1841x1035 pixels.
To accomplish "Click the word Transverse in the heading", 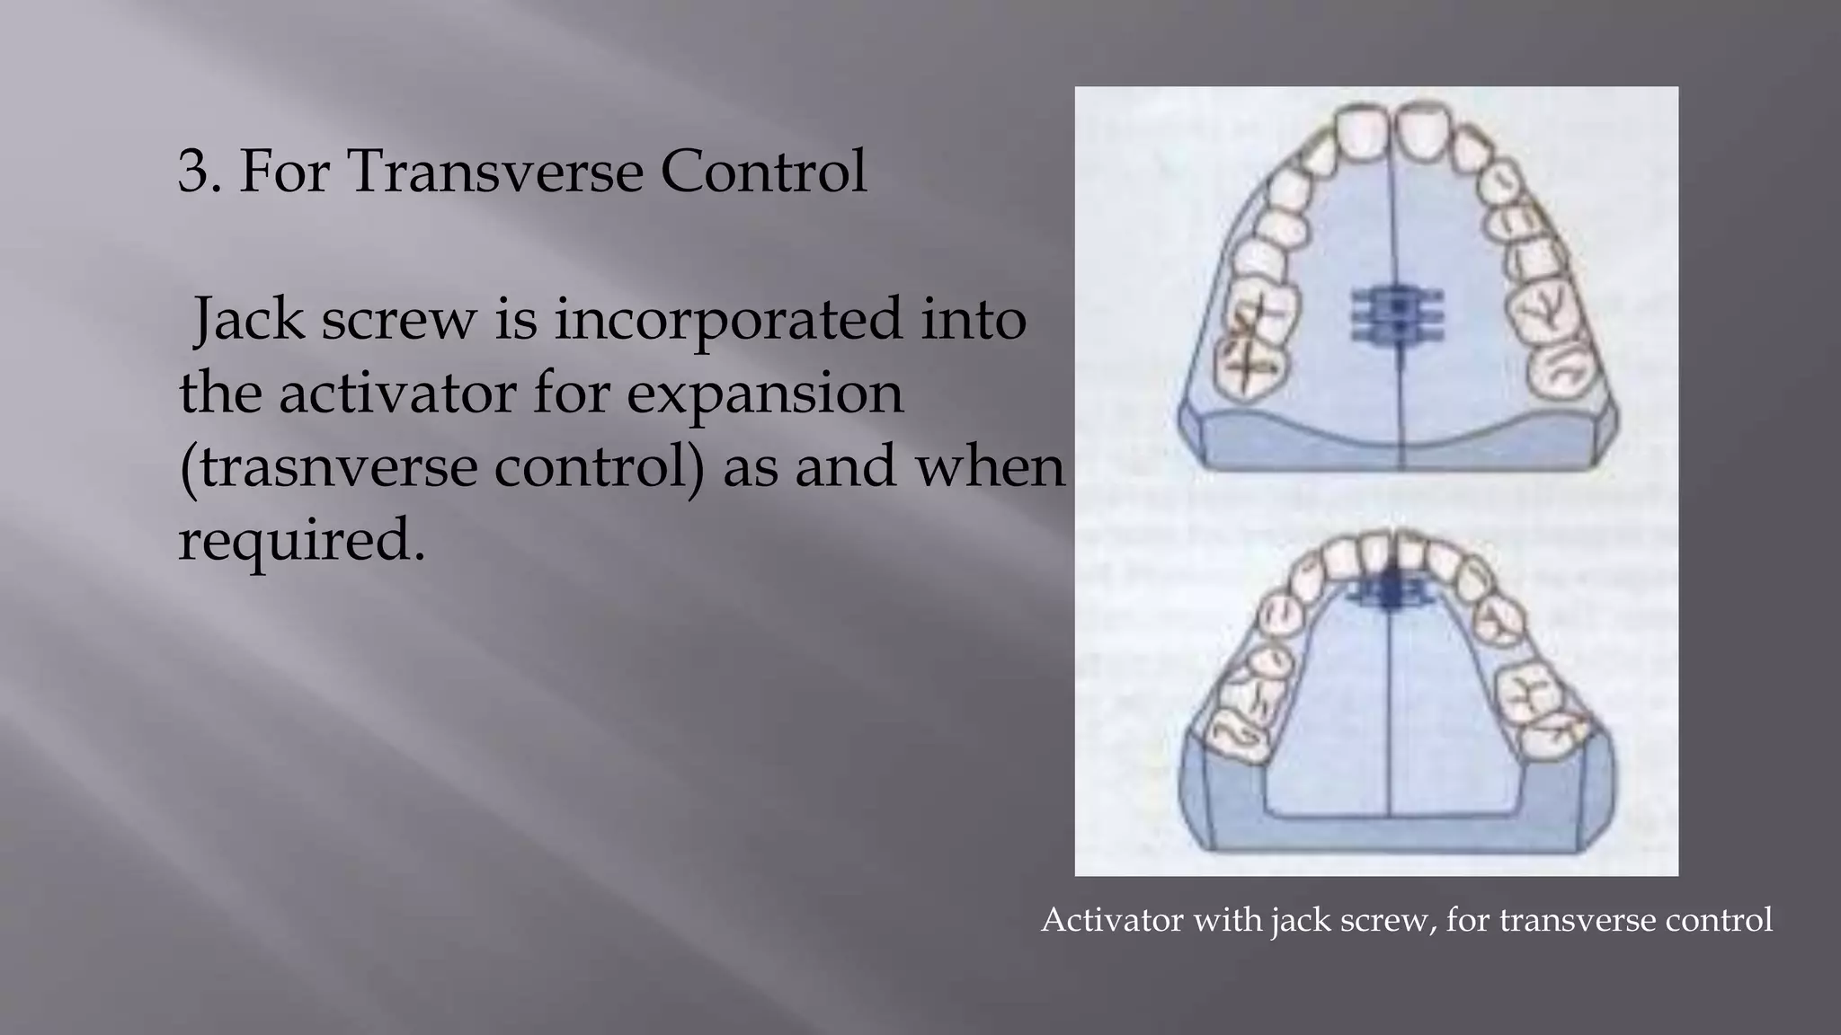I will point(495,171).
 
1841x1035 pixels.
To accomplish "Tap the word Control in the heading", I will point(764,171).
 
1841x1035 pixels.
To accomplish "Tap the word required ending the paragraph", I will point(300,542).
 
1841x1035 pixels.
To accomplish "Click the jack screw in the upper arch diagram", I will point(1397,315).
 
